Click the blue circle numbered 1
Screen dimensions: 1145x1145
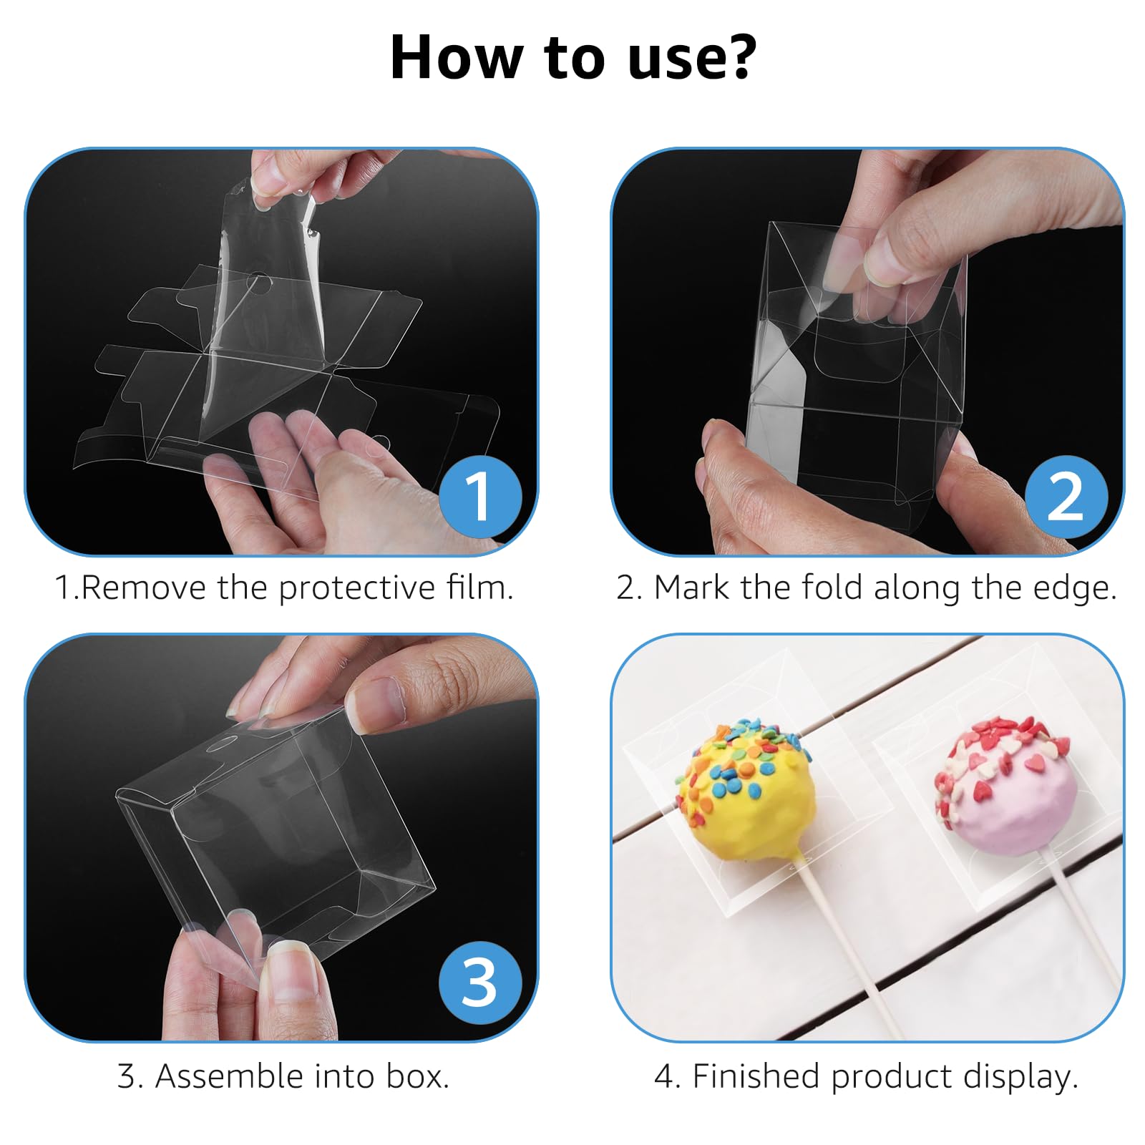480,497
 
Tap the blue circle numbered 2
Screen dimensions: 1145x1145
1066,497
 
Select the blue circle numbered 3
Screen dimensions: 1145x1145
480,983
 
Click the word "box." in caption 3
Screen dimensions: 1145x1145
418,1076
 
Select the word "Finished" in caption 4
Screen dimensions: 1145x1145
756,1076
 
